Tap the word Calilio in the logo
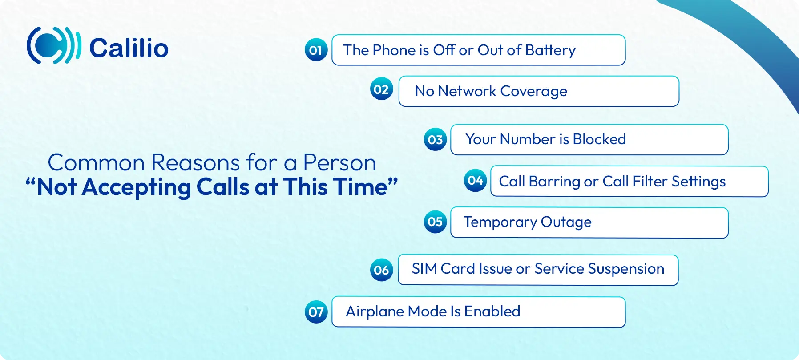pyautogui.click(x=129, y=48)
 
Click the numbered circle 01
pyautogui.click(x=316, y=50)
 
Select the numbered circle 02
pyautogui.click(x=381, y=89)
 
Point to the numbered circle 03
pyautogui.click(x=435, y=140)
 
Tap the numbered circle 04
pyautogui.click(x=475, y=180)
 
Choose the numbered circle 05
pyautogui.click(x=435, y=222)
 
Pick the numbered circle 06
pyautogui.click(x=381, y=270)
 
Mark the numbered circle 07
pyautogui.click(x=316, y=311)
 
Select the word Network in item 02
pyautogui.click(x=467, y=91)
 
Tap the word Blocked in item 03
pyautogui.click(x=599, y=139)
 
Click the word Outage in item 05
pyautogui.click(x=566, y=222)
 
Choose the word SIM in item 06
pyautogui.click(x=424, y=269)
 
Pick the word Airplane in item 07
pyautogui.click(x=375, y=311)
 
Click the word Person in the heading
pyautogui.click(x=339, y=163)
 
